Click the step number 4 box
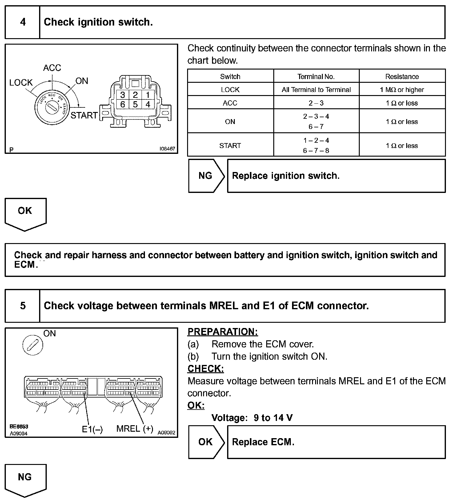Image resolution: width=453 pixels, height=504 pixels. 22,22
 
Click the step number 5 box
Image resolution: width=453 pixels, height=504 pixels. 22,306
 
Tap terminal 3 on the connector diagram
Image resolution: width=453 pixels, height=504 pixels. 122,94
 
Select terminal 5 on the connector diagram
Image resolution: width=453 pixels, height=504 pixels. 135,105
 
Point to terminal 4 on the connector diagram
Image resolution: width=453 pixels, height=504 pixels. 148,105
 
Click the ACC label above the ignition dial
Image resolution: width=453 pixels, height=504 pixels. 52,68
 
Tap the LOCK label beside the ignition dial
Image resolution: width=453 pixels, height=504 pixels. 21,82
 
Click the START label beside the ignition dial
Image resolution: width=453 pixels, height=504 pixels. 84,115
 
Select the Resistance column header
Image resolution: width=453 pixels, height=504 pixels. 402,77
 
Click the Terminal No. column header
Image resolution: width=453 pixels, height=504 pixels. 316,77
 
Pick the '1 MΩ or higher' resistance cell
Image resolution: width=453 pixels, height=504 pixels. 402,90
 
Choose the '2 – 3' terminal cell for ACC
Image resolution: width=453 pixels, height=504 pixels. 316,103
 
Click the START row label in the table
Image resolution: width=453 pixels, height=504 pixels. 230,146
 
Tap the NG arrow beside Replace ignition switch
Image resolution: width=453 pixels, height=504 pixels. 206,176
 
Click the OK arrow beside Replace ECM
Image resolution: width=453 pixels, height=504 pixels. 206,442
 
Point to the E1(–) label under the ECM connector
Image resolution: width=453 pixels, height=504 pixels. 92,429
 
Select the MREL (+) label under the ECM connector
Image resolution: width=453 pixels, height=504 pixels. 134,429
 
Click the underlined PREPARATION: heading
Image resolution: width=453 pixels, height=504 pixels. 222,332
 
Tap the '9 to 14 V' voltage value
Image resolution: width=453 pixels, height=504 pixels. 273,418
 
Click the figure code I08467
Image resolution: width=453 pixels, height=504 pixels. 167,149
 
